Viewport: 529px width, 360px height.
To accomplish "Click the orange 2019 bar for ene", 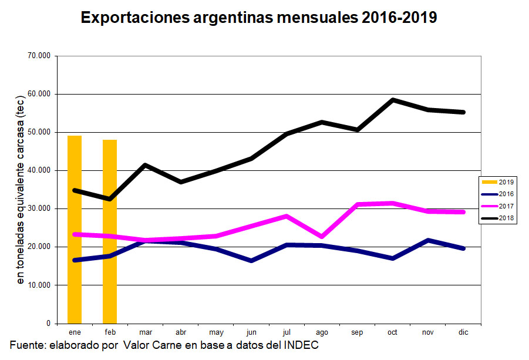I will point(75,229).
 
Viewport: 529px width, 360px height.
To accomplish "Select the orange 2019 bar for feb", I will point(110,231).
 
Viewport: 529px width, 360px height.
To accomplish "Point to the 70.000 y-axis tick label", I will point(39,56).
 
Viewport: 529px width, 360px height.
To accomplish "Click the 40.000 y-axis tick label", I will point(39,170).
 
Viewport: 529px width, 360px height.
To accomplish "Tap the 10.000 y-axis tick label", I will point(39,285).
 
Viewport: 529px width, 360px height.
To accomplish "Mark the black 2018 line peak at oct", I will point(393,100).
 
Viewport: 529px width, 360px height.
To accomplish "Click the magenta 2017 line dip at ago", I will point(322,237).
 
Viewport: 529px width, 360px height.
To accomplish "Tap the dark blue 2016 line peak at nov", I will point(428,240).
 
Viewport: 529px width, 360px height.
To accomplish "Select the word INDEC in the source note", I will point(302,345).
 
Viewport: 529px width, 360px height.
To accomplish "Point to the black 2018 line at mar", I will point(145,165).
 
